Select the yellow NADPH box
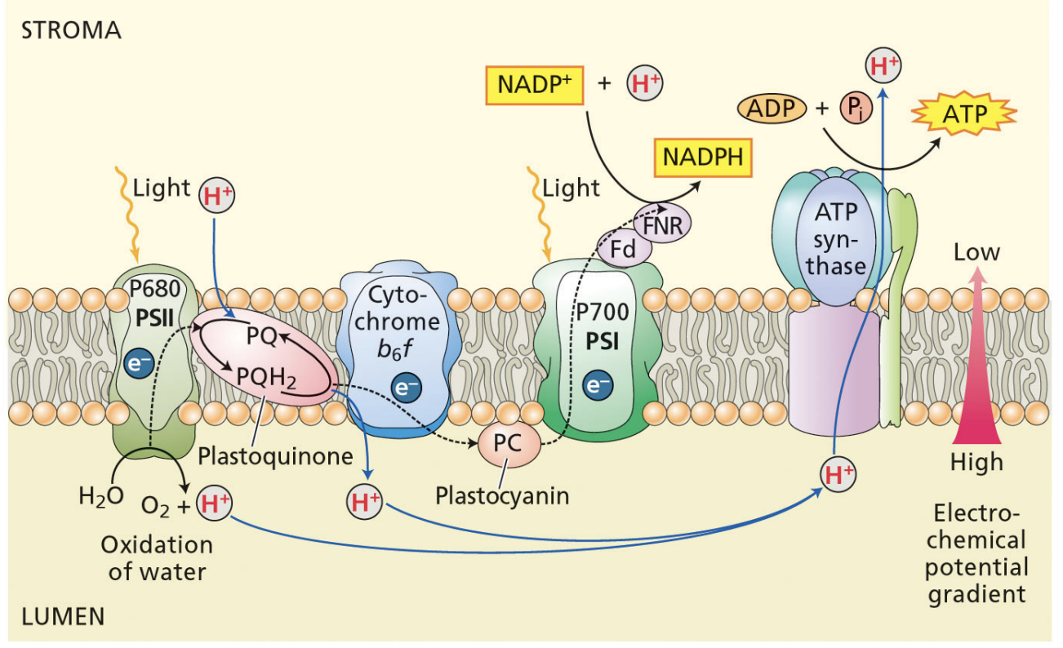pyautogui.click(x=703, y=157)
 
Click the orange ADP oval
pyautogui.click(x=772, y=109)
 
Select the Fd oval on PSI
pyautogui.click(x=623, y=250)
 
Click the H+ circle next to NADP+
pyautogui.click(x=644, y=84)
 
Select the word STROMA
pyautogui.click(x=71, y=31)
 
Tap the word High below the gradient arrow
pyautogui.click(x=976, y=463)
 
